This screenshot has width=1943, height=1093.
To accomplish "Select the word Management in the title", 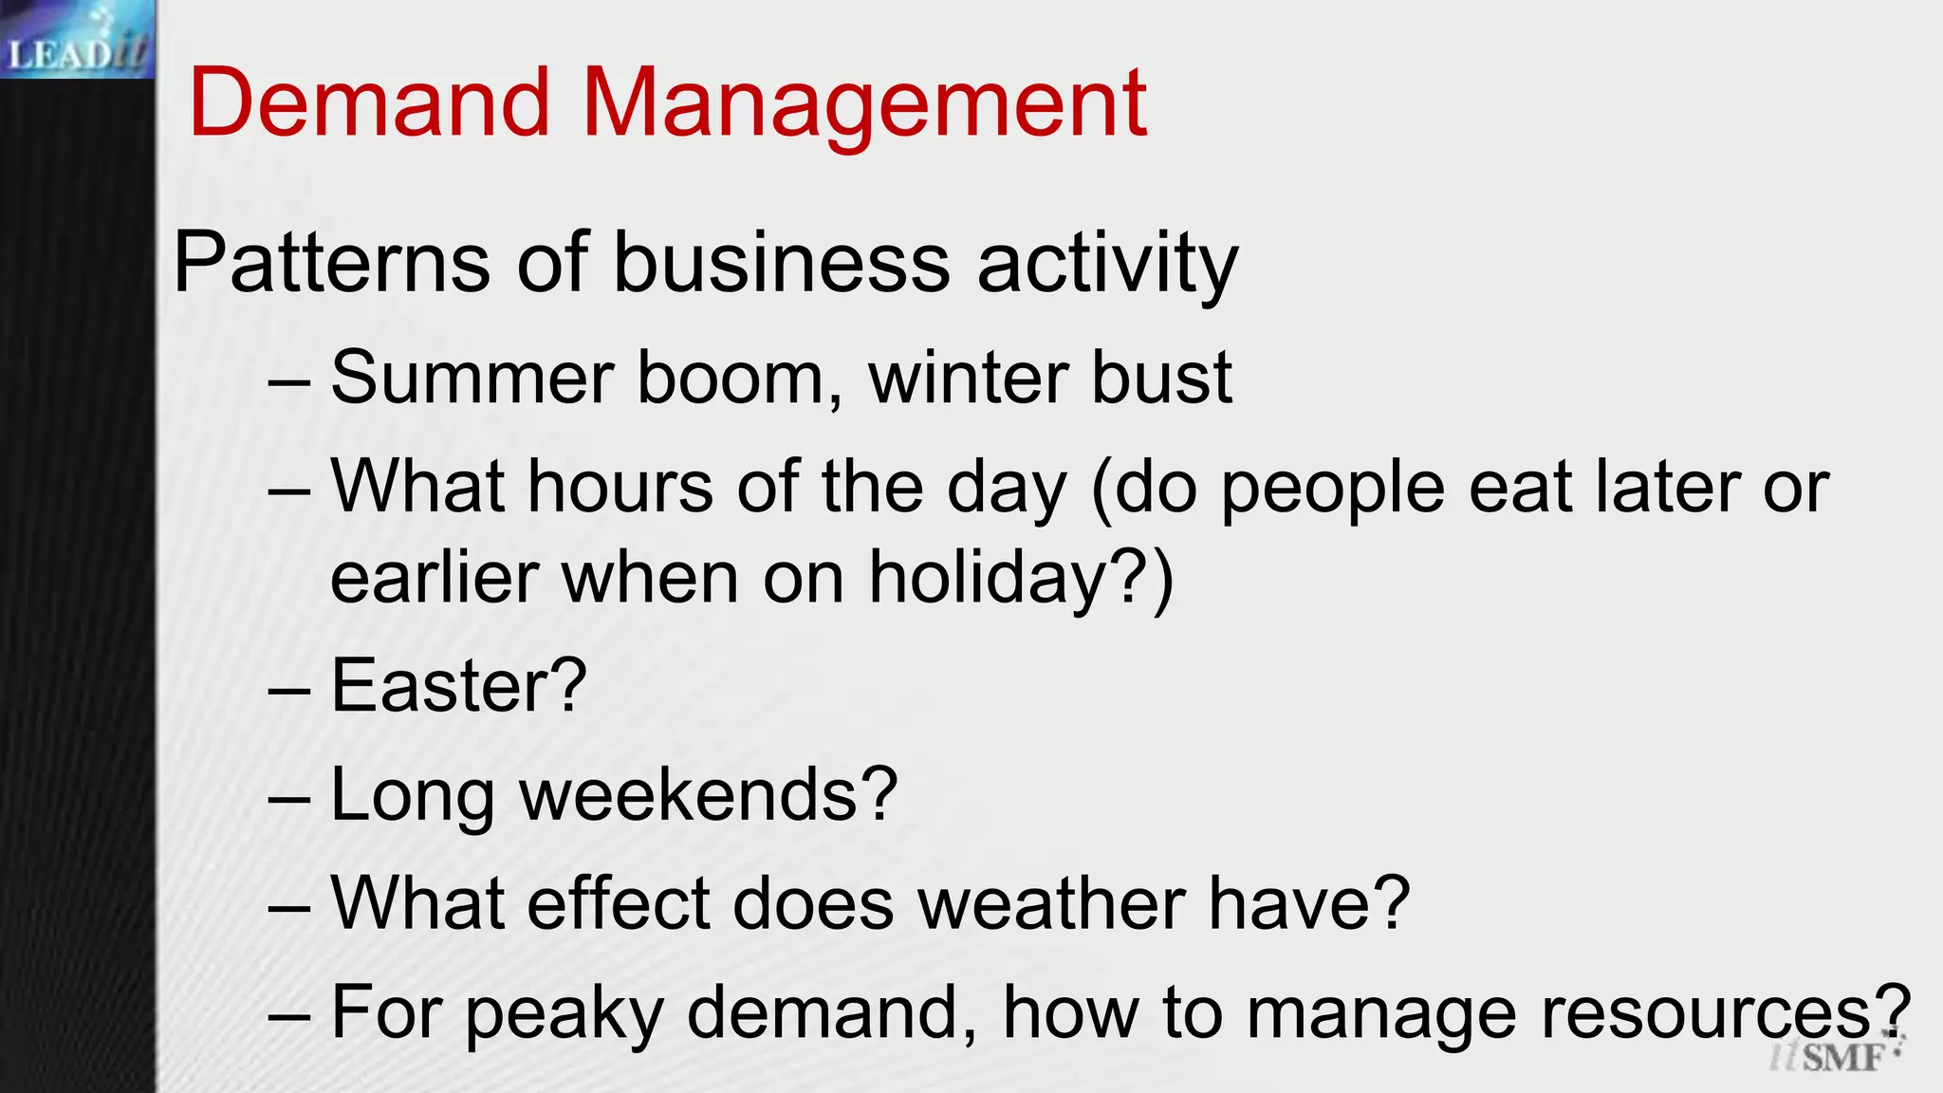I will pyautogui.click(x=864, y=104).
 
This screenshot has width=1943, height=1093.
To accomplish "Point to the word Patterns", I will pyautogui.click(x=332, y=263).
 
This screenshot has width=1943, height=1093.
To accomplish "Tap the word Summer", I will pyautogui.click(x=473, y=378).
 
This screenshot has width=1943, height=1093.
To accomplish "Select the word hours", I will pyautogui.click(x=620, y=487).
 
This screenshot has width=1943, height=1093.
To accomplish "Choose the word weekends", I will pyautogui.click(x=693, y=794).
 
